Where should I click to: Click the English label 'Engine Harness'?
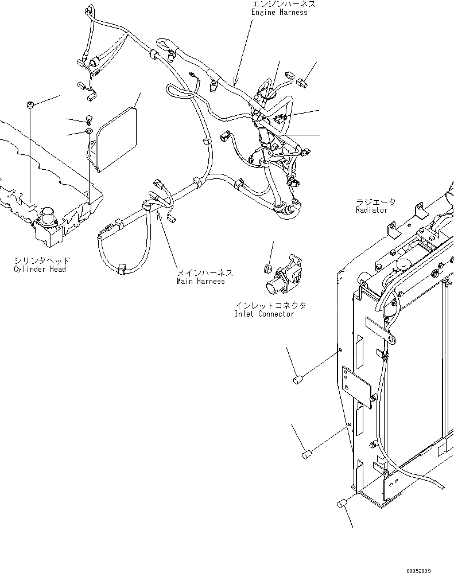[x=279, y=13]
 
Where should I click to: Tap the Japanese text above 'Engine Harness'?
[x=283, y=4]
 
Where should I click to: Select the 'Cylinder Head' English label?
[x=40, y=269]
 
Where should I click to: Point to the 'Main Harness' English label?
[x=200, y=281]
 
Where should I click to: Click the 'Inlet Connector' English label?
[x=264, y=314]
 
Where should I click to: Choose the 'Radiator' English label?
[x=371, y=210]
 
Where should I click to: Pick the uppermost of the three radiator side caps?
[x=297, y=379]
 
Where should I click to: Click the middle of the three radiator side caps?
[x=306, y=455]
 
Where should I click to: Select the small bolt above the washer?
[x=88, y=120]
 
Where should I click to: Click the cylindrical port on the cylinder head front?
[x=46, y=219]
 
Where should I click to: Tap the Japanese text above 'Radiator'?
[x=375, y=202]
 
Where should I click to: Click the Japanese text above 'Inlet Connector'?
[x=270, y=305]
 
